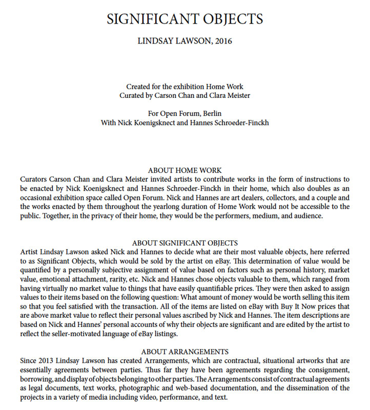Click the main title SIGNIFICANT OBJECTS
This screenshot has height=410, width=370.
click(x=184, y=19)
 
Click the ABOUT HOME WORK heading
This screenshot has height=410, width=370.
click(x=184, y=170)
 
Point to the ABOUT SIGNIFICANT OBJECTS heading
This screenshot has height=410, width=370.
click(x=184, y=243)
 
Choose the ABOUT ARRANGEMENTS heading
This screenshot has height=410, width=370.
click(x=184, y=352)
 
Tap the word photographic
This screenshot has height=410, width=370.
click(x=146, y=388)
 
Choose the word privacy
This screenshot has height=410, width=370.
click(x=98, y=216)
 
